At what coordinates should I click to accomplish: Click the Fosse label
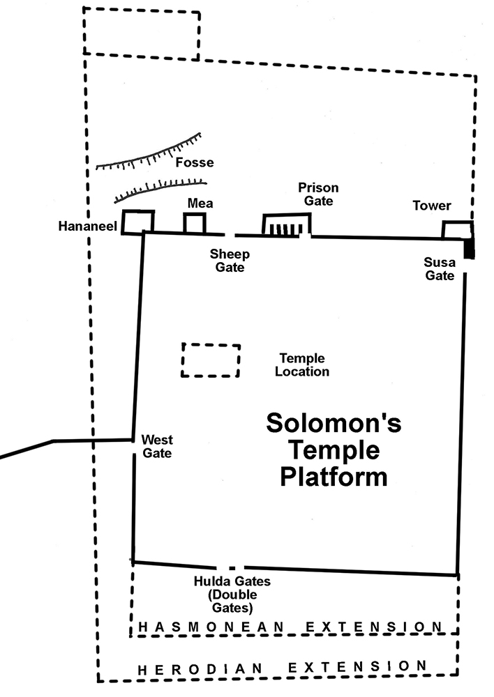point(195,162)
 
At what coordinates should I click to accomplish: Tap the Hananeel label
point(88,227)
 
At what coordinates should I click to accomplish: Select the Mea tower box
point(195,214)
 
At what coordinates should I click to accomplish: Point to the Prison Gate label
point(318,194)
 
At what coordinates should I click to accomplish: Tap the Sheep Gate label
point(230,261)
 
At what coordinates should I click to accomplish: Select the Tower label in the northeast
point(432,206)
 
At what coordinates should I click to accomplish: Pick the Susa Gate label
point(440,269)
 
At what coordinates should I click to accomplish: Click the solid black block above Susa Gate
point(469,248)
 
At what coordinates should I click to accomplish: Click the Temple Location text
point(301,365)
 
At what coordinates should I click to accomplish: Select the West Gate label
point(157,446)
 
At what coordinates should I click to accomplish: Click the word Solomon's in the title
point(334,422)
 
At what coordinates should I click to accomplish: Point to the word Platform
point(334,477)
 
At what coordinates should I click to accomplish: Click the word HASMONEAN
point(211,627)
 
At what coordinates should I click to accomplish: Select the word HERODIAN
point(200,669)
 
